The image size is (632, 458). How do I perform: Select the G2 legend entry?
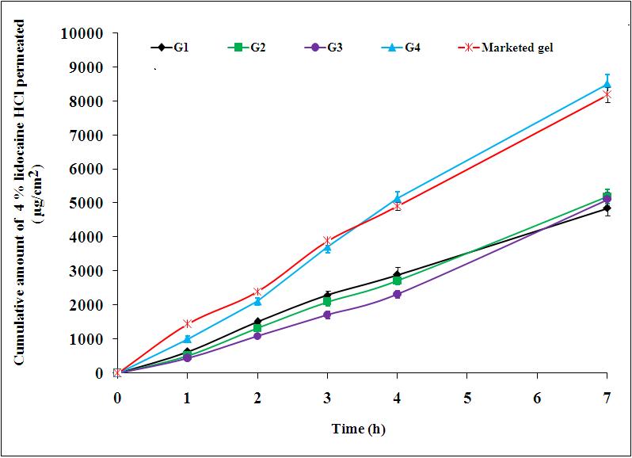pos(247,48)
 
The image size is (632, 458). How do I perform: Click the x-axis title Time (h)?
pos(358,429)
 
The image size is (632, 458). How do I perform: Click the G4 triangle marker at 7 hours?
pos(607,83)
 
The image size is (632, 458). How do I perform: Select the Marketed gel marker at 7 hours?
pos(607,95)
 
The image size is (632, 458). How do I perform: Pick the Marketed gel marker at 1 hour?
pos(188,323)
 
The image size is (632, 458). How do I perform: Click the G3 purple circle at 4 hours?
pos(398,294)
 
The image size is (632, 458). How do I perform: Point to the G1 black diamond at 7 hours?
pos(607,208)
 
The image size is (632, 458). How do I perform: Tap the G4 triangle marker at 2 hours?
pos(257,301)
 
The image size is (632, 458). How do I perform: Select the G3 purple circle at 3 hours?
pos(327,315)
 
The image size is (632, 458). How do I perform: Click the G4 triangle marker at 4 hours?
pos(398,199)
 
